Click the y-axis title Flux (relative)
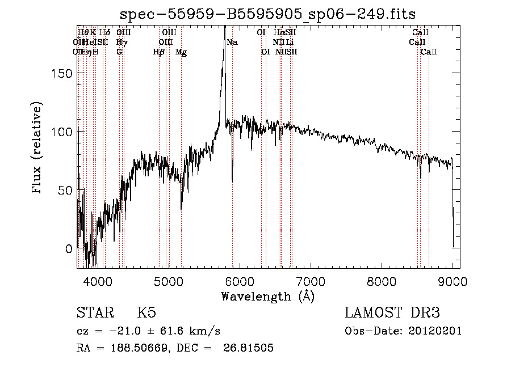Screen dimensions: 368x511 37,149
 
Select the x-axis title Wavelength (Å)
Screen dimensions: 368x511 267,296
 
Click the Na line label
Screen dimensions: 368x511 232,43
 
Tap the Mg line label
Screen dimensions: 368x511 181,52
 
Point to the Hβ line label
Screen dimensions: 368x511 158,52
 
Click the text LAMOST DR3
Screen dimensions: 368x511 392,313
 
